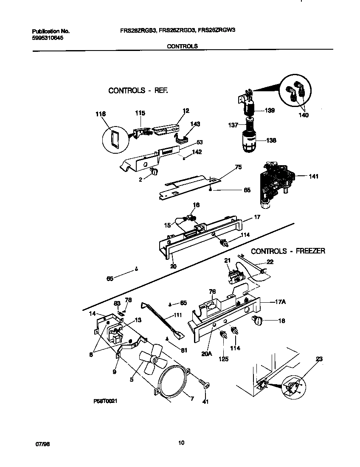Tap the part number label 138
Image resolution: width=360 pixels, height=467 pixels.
pos(271,140)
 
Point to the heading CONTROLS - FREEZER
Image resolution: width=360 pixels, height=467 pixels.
pos(288,251)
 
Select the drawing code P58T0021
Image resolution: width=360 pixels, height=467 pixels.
pos(105,400)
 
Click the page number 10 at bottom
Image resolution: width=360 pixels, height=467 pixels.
pos(181,443)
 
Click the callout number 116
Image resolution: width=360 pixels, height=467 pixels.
pos(101,114)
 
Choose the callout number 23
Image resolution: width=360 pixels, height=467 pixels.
pos(319,359)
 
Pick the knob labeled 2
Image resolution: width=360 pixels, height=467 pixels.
pos(154,171)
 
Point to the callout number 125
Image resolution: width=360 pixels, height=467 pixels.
pos(223,359)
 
